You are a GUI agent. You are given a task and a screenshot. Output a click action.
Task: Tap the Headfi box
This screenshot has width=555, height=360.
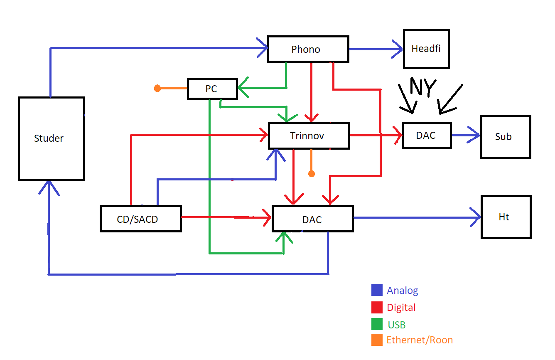pyautogui.click(x=426, y=49)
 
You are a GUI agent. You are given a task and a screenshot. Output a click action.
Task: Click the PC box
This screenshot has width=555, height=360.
pyautogui.click(x=212, y=89)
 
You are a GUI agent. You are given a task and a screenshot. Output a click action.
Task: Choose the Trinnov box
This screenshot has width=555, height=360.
pyautogui.click(x=309, y=136)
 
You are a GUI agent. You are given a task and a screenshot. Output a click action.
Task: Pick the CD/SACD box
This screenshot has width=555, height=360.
pyautogui.click(x=141, y=219)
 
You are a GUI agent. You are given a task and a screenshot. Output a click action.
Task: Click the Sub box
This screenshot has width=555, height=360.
pyautogui.click(x=506, y=137)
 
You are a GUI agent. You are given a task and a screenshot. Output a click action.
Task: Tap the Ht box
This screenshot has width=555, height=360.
pyautogui.click(x=506, y=217)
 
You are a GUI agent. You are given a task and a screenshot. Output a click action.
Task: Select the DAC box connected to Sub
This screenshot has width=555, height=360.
pyautogui.click(x=427, y=135)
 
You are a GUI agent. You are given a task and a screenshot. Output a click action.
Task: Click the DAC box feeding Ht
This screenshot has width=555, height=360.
pyautogui.click(x=312, y=219)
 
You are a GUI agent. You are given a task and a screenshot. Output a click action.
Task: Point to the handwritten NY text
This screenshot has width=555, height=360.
pyautogui.click(x=423, y=87)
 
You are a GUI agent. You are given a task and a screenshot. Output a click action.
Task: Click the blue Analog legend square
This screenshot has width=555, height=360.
pyautogui.click(x=377, y=290)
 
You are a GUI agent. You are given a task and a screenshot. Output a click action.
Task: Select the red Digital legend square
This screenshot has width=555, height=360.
pyautogui.click(x=377, y=307)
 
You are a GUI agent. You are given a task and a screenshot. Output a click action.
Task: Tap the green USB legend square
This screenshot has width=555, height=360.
pyautogui.click(x=377, y=324)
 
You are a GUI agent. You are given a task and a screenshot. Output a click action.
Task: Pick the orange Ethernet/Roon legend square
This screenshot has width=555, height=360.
pyautogui.click(x=377, y=340)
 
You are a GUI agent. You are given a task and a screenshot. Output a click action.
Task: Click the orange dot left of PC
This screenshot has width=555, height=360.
pyautogui.click(x=157, y=88)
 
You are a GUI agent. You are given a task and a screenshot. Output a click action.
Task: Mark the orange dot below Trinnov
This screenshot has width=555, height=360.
pyautogui.click(x=311, y=174)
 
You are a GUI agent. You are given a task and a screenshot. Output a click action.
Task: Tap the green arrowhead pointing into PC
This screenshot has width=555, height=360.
pyautogui.click(x=243, y=88)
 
